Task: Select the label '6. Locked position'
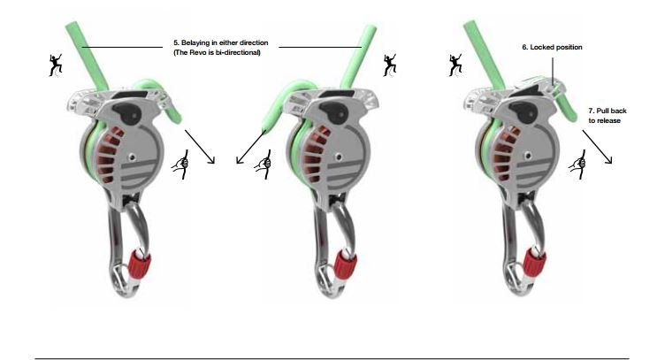click(552, 48)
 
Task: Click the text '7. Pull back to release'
click(607, 116)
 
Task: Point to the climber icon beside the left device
click(56, 65)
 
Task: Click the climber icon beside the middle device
click(390, 65)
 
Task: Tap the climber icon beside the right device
click(455, 65)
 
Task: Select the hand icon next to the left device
click(181, 165)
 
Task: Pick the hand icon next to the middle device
click(264, 165)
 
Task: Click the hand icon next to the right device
click(578, 165)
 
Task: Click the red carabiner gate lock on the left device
click(140, 263)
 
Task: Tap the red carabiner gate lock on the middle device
click(346, 264)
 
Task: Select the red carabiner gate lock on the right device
click(535, 262)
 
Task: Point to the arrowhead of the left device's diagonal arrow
click(212, 160)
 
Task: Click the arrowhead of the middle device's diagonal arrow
click(240, 160)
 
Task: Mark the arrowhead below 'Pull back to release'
click(609, 160)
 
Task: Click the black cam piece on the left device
click(126, 111)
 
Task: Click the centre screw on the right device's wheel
click(528, 157)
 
